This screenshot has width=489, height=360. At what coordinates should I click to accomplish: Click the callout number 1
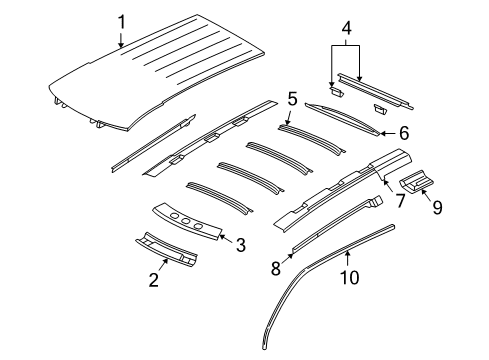pyautogui.click(x=121, y=21)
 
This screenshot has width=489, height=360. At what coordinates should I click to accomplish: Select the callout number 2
pyautogui.click(x=153, y=282)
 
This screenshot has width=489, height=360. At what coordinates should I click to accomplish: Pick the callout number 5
pyautogui.click(x=291, y=99)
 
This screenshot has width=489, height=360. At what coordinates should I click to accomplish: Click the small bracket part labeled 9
pyautogui.click(x=415, y=182)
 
